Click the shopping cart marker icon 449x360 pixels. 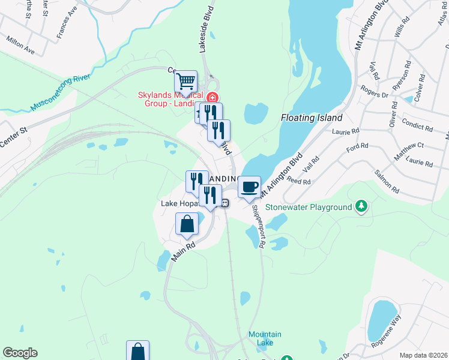[x=186, y=80]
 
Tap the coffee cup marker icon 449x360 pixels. [x=249, y=187]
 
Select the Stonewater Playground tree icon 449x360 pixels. [x=361, y=207]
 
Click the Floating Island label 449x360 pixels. [x=311, y=118]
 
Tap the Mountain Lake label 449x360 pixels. [x=265, y=338]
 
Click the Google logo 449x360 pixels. [x=19, y=353]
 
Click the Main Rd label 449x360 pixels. [x=184, y=251]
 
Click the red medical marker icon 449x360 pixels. [x=211, y=97]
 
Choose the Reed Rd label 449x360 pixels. [x=298, y=181]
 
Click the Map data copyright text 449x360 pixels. [x=424, y=355]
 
